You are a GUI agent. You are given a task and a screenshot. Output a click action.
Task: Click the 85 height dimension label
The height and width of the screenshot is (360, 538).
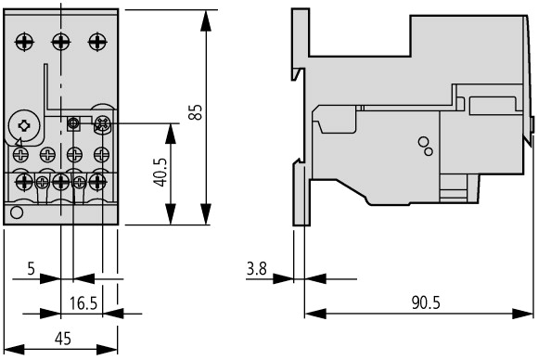point(196,112)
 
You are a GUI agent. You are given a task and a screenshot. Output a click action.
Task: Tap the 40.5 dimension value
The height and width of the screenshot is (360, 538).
point(160,173)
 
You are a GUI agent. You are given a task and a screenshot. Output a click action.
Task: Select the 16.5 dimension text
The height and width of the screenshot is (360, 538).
point(83,303)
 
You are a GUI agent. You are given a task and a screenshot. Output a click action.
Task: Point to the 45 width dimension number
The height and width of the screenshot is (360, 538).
point(63,339)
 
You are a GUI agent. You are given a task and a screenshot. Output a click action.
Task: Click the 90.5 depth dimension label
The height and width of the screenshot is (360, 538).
point(426,302)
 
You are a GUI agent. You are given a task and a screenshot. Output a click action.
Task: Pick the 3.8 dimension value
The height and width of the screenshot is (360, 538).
point(257,268)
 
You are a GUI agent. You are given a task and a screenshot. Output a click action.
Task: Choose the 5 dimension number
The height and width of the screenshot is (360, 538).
point(32,268)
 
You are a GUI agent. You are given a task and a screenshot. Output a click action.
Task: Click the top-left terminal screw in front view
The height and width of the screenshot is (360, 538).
point(24,42)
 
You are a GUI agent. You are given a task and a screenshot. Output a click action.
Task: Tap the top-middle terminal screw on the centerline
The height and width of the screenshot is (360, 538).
point(61,42)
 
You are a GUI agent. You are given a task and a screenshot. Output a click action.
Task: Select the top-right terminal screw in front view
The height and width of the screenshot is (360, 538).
point(97,42)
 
